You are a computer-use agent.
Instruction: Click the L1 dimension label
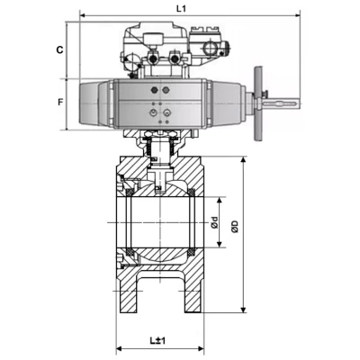point(181,8)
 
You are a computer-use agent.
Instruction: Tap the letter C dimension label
point(60,49)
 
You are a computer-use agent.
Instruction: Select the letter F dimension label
point(60,103)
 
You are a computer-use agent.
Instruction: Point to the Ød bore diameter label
point(214,222)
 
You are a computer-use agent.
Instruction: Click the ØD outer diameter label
point(235,227)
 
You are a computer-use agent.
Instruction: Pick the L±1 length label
point(157,340)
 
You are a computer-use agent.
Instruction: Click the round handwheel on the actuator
point(257,103)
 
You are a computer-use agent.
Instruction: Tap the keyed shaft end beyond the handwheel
point(281,103)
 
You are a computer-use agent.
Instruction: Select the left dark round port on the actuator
point(155,90)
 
